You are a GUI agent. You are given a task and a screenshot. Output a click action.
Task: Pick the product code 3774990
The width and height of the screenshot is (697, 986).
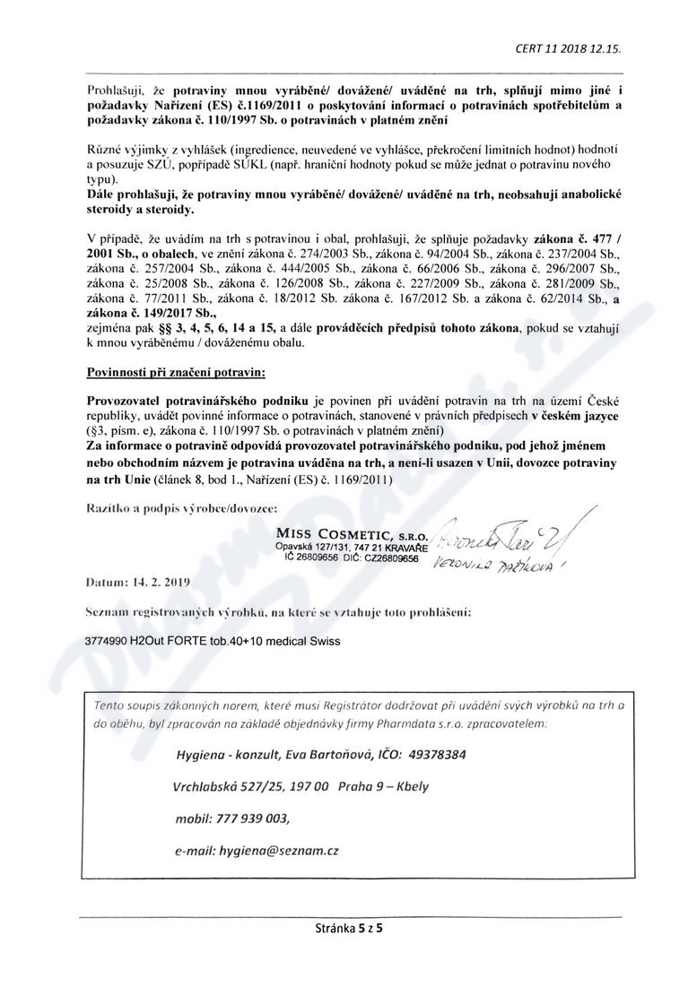pyautogui.click(x=109, y=642)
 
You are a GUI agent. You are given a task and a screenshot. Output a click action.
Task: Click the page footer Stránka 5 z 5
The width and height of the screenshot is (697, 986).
pyautogui.click(x=347, y=929)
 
